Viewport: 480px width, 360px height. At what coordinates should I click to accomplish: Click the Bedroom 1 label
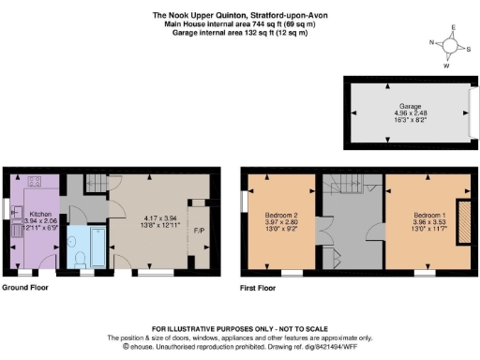tap(419, 215)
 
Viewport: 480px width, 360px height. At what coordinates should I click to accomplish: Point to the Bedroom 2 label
tap(280, 215)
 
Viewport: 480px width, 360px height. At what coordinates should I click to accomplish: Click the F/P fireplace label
tap(199, 231)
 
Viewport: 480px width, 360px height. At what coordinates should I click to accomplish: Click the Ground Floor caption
tap(25, 287)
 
